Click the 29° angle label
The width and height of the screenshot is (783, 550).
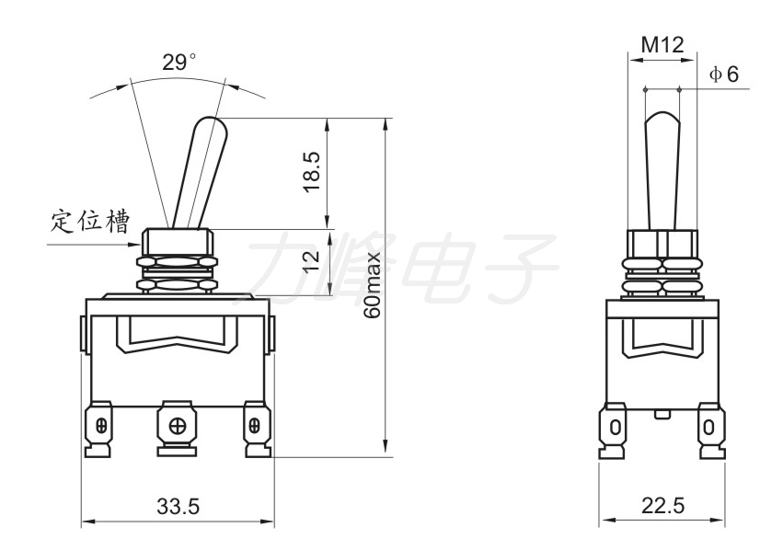tap(178, 63)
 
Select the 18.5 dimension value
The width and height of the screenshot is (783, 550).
tap(312, 172)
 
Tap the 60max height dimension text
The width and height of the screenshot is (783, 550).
tap(373, 284)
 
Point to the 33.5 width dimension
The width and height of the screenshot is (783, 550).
tap(178, 507)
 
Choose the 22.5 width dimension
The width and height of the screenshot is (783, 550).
tap(662, 506)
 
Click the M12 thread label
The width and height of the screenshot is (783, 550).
tap(662, 45)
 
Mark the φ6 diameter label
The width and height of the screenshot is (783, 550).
tap(723, 74)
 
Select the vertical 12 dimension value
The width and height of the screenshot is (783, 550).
tap(311, 260)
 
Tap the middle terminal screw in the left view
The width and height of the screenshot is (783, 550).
tap(178, 426)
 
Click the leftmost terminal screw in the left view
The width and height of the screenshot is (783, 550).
tap(102, 426)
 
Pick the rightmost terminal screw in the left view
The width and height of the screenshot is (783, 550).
tap(254, 426)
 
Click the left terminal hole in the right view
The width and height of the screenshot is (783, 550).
tap(616, 428)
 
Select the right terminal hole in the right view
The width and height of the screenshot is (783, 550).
tap(708, 428)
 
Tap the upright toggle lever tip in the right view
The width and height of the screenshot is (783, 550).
tap(662, 116)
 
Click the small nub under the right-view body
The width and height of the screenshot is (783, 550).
tap(662, 414)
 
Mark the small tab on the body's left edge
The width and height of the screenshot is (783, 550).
tap(83, 333)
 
